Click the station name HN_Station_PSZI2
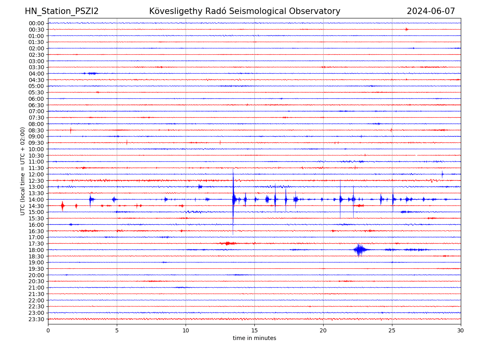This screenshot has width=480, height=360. pyautogui.click(x=62, y=11)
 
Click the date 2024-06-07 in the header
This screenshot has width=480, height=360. pyautogui.click(x=431, y=11)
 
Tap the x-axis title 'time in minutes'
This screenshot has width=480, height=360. pyautogui.click(x=254, y=338)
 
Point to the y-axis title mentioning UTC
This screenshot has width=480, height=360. pyautogui.click(x=23, y=171)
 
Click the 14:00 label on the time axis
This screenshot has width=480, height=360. pyautogui.click(x=36, y=199)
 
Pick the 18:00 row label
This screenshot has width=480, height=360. pyautogui.click(x=36, y=250)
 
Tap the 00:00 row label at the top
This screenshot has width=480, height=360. pyautogui.click(x=36, y=23)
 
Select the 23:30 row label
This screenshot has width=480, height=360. pyautogui.click(x=36, y=319)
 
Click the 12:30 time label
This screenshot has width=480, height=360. pyautogui.click(x=36, y=180)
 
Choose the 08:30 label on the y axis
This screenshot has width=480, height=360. pyautogui.click(x=36, y=130)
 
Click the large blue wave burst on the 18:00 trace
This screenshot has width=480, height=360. pyautogui.click(x=359, y=250)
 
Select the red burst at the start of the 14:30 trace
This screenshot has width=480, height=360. pyautogui.click(x=62, y=206)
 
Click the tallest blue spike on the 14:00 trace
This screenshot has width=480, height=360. pyautogui.click(x=233, y=199)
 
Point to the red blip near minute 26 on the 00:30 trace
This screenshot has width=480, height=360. pyautogui.click(x=406, y=29)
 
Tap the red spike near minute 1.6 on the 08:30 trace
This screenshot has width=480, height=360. pyautogui.click(x=71, y=130)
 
